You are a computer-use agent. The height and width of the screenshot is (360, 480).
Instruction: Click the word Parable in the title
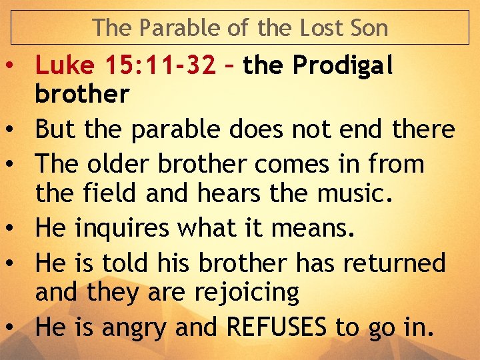coord(168,28)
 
